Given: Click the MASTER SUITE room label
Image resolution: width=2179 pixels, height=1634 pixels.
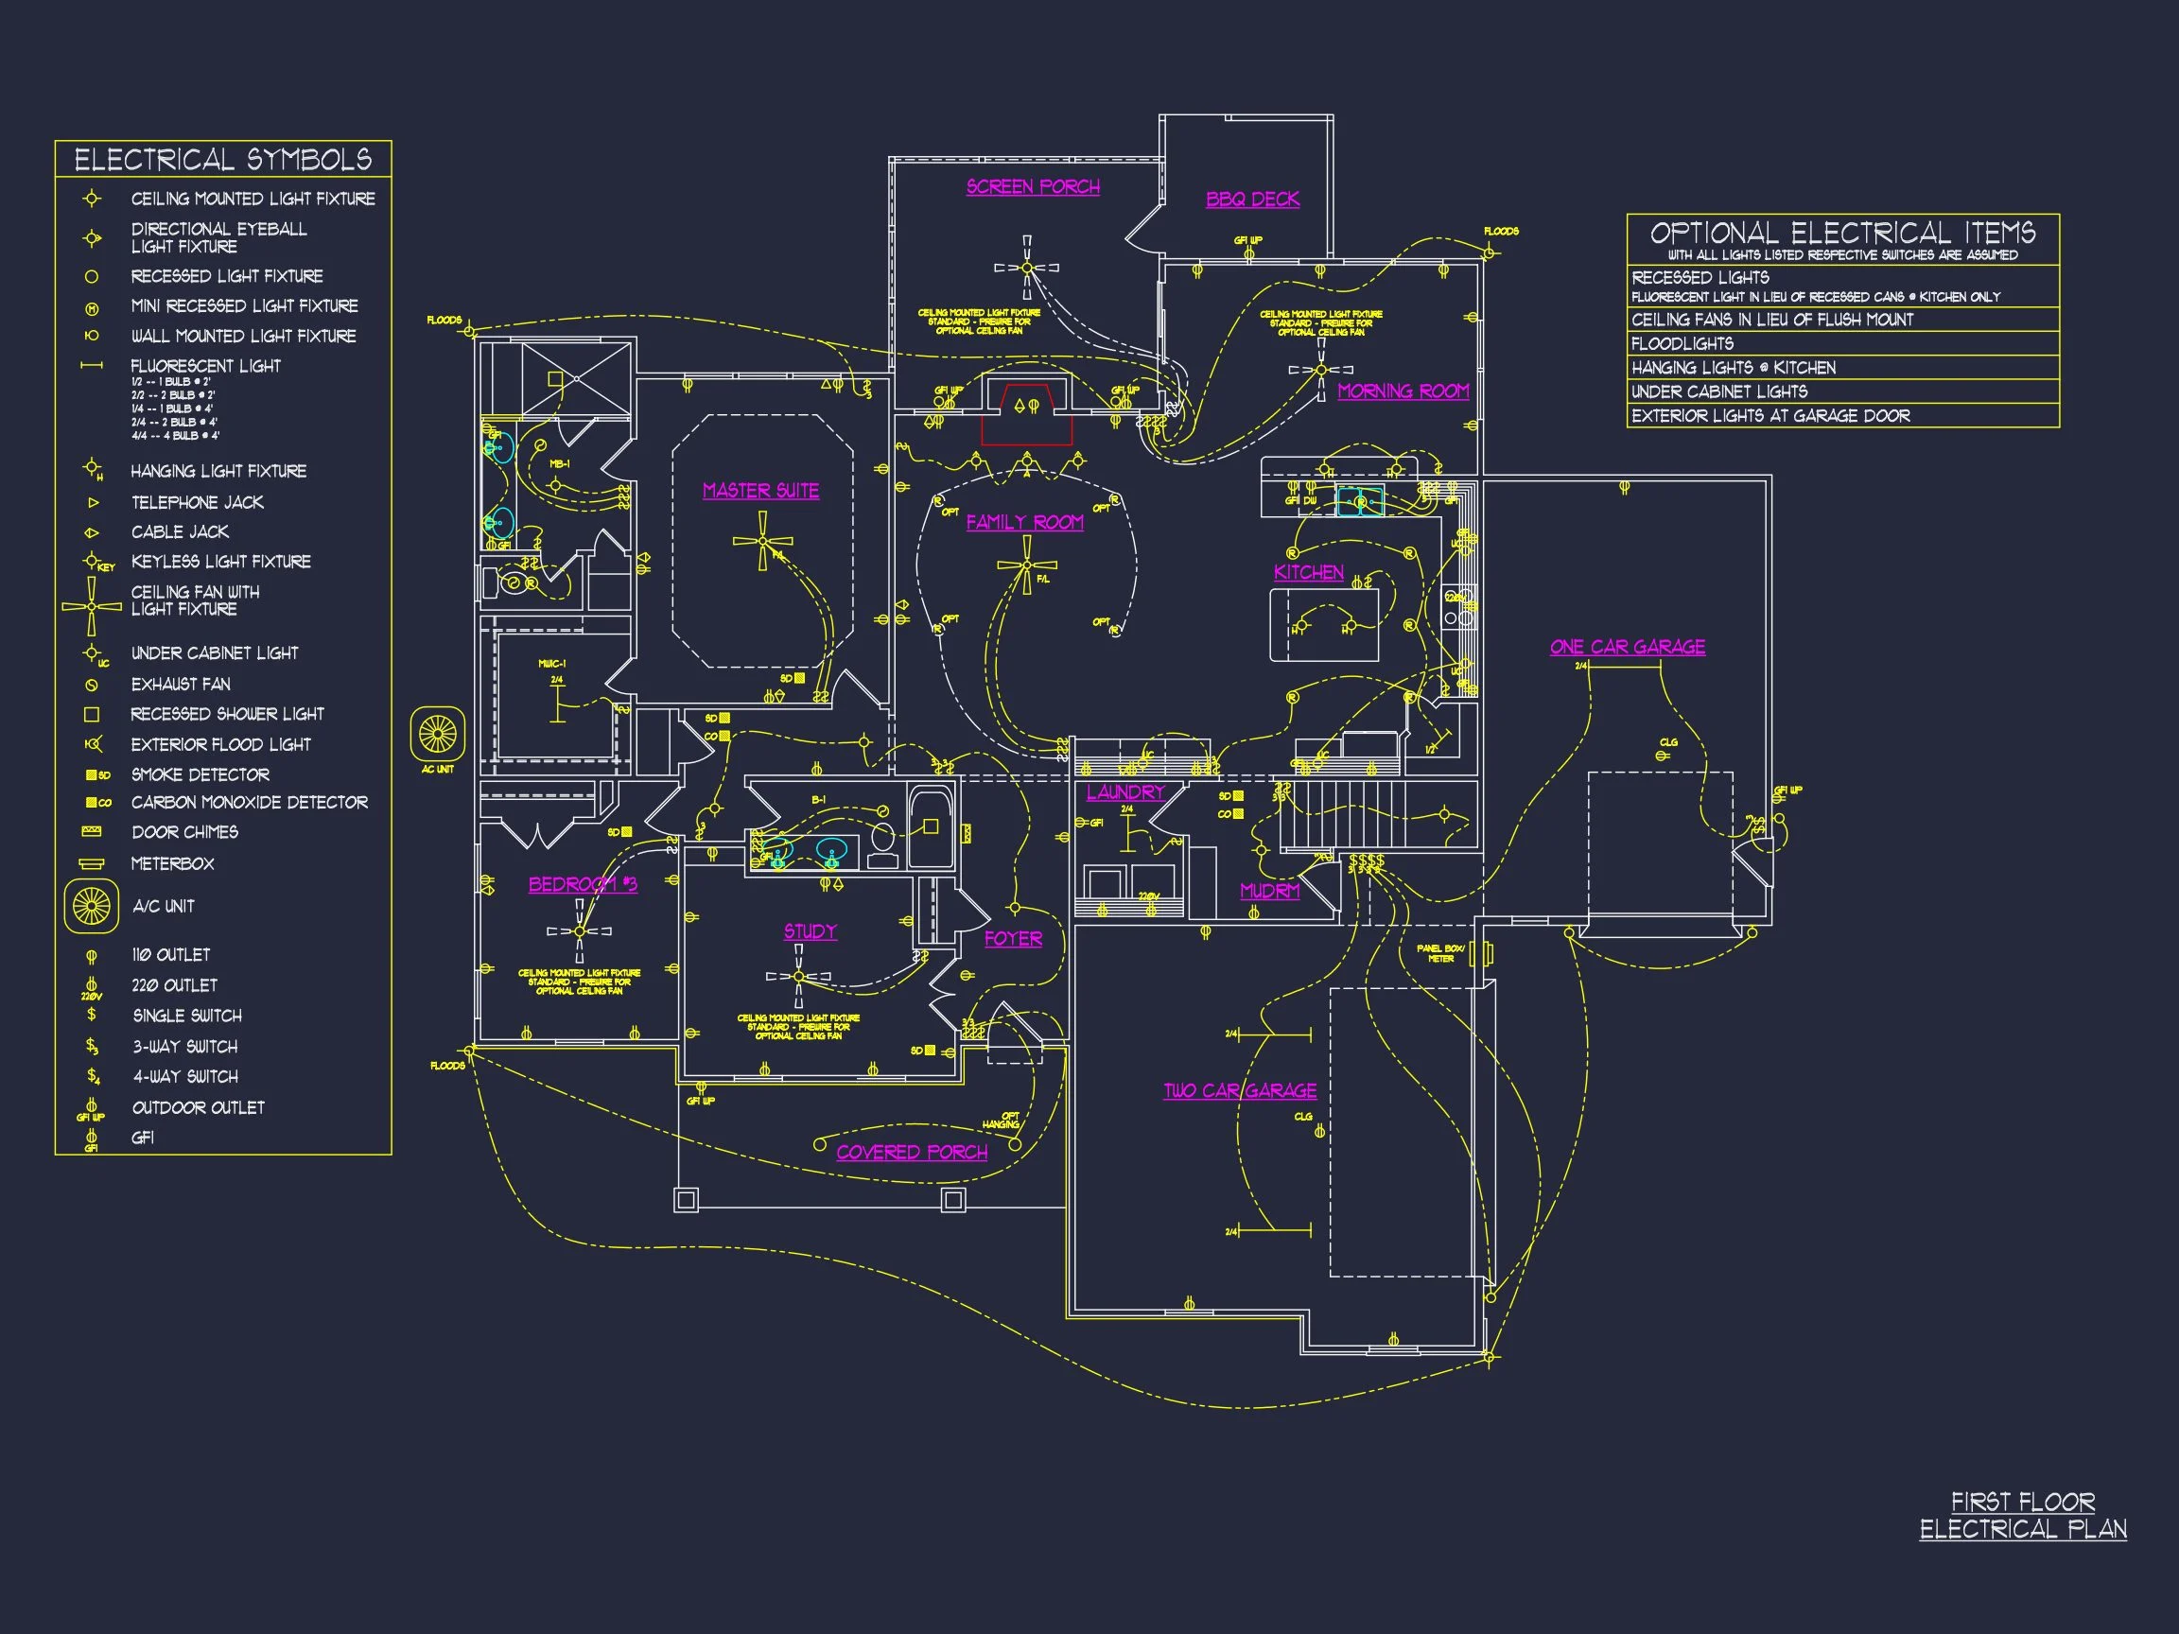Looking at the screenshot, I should [760, 491].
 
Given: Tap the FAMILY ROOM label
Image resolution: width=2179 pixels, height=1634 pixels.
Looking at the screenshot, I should [1024, 522].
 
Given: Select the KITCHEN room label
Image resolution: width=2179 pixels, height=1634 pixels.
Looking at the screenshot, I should [1308, 572].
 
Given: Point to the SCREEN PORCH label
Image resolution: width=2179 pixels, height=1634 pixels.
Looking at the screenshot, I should [1033, 187].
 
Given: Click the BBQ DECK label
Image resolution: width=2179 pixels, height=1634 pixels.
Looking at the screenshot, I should [1252, 199].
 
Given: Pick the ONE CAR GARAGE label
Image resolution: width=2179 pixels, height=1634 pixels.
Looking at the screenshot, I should [1628, 647].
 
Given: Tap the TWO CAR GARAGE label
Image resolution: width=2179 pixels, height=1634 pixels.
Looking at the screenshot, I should [1239, 1090].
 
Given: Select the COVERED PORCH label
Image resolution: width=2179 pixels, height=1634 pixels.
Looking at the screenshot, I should [911, 1153].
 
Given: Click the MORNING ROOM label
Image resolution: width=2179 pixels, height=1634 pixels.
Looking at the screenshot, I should [1403, 391].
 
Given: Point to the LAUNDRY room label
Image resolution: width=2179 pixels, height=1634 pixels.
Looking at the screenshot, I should [1124, 791].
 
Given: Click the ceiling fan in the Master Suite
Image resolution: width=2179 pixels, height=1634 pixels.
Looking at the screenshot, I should [762, 543].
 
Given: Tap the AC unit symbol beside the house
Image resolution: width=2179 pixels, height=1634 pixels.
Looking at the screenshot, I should [437, 734].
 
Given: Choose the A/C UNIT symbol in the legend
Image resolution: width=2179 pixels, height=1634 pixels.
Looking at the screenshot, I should [91, 906].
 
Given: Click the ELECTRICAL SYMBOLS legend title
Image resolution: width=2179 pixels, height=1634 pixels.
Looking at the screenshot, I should [222, 160].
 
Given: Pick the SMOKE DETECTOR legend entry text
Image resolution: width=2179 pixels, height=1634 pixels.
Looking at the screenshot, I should [200, 775].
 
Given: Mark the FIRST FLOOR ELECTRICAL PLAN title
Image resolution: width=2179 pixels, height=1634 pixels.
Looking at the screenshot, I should [2022, 1516].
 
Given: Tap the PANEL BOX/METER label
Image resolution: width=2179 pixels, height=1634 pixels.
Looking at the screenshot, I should [1440, 953].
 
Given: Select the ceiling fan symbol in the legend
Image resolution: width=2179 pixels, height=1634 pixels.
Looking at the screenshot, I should [92, 605].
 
